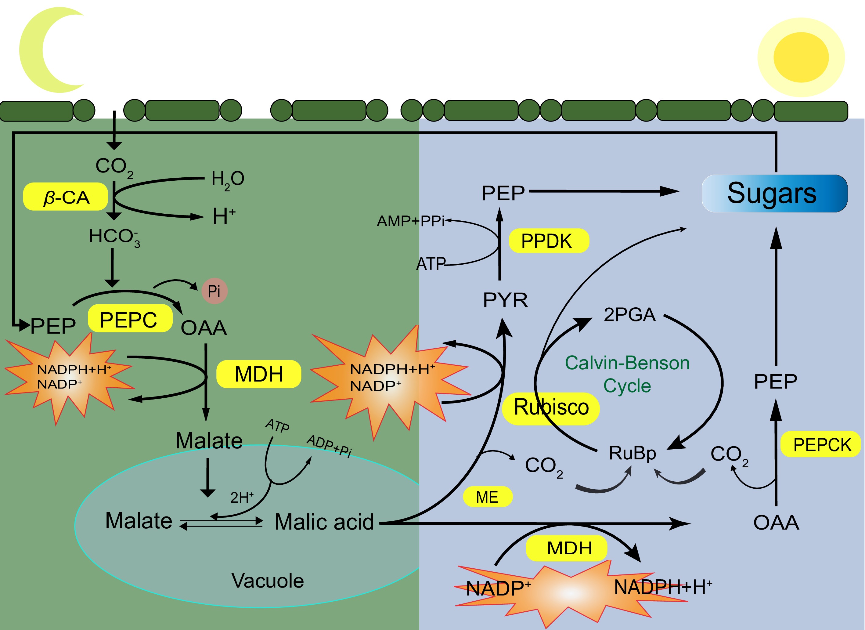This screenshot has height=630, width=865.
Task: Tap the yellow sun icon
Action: coord(801,57)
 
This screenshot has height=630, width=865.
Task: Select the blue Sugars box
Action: coord(774,194)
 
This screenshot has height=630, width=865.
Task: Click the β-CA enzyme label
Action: coord(66,197)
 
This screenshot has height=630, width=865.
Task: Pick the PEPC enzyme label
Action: coord(130,319)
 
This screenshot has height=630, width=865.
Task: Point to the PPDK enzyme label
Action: coord(549,241)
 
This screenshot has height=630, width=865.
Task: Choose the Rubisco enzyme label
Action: coord(551,407)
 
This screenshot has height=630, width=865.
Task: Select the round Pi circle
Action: coord(214,291)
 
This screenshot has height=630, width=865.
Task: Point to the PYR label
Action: coord(505,300)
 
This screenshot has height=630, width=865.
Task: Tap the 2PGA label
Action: coord(629,315)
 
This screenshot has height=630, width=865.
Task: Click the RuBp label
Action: coord(632,453)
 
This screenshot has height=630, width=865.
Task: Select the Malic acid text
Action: coord(324,522)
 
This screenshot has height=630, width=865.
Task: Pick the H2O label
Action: coord(228,179)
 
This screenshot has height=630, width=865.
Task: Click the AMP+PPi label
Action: coord(411,221)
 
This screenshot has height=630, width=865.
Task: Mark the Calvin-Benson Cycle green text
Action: coord(627,374)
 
